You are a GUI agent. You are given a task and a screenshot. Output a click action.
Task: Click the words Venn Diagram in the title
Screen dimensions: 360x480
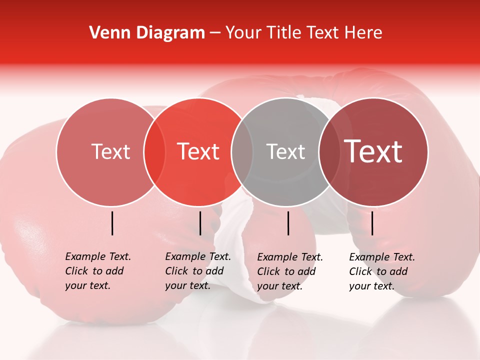(147, 33)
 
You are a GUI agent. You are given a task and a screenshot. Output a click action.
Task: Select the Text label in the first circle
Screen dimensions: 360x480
(110, 151)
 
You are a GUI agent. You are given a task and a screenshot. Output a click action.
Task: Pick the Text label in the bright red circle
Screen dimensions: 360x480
(198, 151)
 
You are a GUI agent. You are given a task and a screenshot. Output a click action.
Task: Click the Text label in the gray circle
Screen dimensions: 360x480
(286, 151)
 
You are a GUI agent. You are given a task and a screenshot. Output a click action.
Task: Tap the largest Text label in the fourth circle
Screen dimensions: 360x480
(373, 151)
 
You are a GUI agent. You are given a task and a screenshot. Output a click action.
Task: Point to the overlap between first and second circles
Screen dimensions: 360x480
(154, 151)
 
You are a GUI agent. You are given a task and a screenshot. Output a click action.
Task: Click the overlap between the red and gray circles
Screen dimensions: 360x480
(242, 151)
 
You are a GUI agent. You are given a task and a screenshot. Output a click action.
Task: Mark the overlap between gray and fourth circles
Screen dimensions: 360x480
(329, 151)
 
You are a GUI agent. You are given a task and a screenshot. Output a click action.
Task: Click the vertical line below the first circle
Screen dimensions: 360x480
(112, 223)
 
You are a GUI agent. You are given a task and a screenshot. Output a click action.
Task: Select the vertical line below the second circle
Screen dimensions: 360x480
(200, 223)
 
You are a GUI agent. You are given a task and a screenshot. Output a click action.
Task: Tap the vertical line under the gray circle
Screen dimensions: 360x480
(288, 223)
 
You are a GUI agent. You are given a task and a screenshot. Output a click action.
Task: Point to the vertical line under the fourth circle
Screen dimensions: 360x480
(372, 223)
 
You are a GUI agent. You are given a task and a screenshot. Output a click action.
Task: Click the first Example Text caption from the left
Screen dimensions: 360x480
(97, 271)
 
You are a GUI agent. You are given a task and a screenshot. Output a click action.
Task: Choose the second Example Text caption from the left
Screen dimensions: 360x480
(197, 271)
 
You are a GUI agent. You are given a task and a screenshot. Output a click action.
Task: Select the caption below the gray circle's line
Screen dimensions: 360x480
(289, 271)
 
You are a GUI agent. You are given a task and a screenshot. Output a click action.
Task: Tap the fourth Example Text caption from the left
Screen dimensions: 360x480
(381, 271)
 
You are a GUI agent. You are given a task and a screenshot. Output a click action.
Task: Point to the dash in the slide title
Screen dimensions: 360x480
(214, 33)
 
